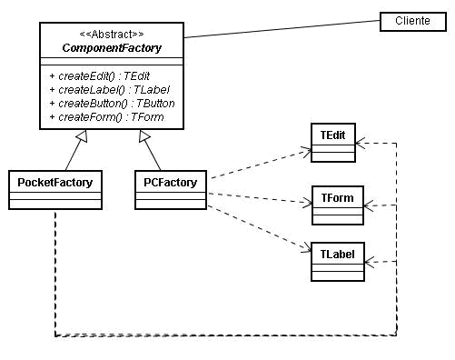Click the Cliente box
coord(412,20)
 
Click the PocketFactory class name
coord(54,181)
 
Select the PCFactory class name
coord(171,181)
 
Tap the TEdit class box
coord(332,143)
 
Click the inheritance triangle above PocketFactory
coord(81,138)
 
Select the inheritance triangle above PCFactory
coord(143,138)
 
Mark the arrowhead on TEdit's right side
coord(361,143)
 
